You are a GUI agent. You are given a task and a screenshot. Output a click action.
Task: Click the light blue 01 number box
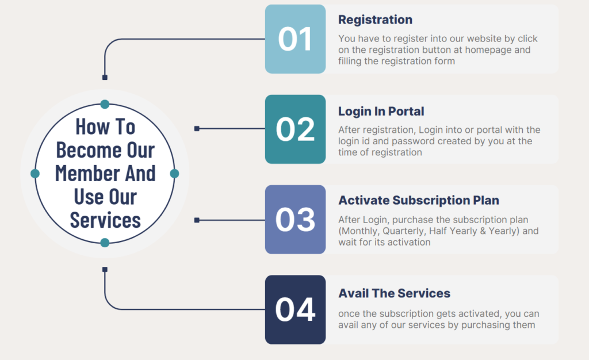[x=295, y=39]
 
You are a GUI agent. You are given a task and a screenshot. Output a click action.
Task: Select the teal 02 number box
[x=295, y=129]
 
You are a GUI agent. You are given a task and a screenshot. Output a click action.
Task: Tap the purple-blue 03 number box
[x=295, y=220]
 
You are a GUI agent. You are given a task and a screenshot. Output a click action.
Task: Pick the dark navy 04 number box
[x=295, y=309]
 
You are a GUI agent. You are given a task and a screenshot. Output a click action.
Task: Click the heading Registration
[x=375, y=20]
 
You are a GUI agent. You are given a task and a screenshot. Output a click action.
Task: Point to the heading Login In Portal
[x=381, y=111]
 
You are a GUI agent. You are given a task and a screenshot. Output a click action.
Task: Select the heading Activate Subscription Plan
[x=419, y=201]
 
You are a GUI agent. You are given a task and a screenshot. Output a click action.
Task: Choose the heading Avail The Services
[x=395, y=293]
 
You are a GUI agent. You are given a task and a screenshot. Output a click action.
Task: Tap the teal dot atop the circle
[x=105, y=104]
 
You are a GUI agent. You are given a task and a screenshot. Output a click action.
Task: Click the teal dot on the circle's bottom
[x=105, y=243]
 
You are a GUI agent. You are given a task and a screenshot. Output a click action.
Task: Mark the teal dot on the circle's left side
[x=35, y=173]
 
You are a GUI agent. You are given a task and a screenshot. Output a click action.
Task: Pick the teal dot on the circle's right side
[x=175, y=173]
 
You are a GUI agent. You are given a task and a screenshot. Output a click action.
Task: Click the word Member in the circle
[x=87, y=173]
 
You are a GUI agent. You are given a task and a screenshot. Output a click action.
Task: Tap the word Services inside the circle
[x=105, y=220]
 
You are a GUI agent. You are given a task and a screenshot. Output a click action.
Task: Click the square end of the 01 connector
[x=105, y=77]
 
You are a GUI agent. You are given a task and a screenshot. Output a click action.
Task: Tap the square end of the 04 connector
[x=105, y=269]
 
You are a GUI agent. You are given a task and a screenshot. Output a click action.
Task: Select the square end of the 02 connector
[x=197, y=129]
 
